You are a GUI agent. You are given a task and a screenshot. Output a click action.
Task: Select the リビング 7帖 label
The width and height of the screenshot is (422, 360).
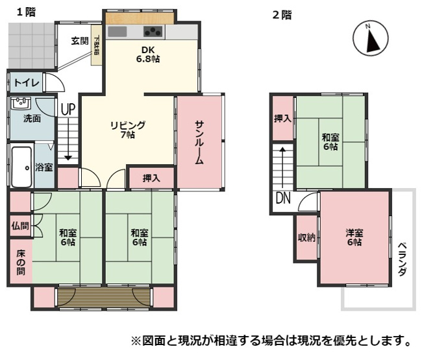point(127,130)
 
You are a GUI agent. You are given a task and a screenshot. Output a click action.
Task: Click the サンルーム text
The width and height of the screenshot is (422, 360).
point(199,143)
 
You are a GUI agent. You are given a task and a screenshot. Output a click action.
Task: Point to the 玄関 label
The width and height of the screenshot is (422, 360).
point(79,40)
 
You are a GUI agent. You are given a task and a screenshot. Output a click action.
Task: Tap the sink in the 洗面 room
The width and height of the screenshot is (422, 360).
point(21,104)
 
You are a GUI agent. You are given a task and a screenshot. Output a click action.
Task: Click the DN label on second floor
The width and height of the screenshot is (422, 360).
point(283,199)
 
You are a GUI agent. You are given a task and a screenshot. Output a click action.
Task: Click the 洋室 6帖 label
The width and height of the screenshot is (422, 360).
point(354,237)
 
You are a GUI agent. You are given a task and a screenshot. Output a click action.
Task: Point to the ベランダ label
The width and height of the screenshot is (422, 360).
point(403,259)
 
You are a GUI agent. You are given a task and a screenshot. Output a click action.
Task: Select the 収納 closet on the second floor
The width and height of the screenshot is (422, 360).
point(306,237)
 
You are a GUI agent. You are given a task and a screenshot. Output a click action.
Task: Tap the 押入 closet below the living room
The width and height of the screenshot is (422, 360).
point(151,178)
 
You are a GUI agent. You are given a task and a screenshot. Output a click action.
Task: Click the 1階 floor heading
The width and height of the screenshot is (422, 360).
point(26,12)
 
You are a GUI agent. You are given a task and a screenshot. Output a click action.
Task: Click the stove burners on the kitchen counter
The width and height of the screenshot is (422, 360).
point(154,32)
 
